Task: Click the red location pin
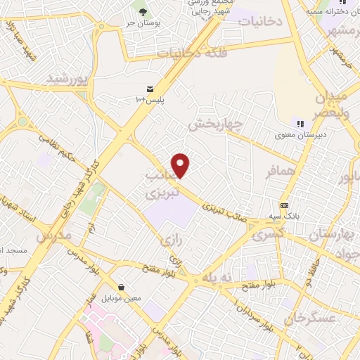tap(181, 165)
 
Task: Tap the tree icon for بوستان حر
tap(143, 12)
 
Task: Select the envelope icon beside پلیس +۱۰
tap(150, 89)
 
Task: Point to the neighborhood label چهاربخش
tap(214, 125)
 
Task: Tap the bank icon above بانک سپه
tap(283, 205)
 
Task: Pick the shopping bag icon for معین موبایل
tap(123, 288)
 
